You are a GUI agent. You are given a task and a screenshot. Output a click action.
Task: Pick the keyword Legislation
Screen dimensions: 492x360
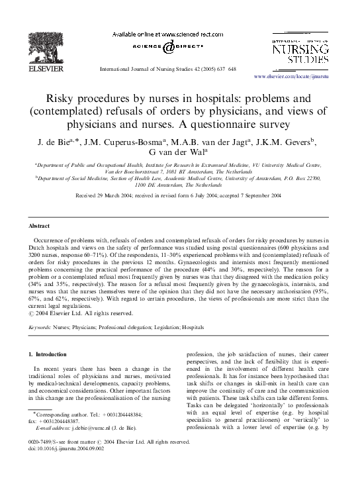(x=159, y=327)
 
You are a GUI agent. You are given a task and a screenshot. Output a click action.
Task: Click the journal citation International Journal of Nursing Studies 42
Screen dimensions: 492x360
(x=152, y=68)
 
